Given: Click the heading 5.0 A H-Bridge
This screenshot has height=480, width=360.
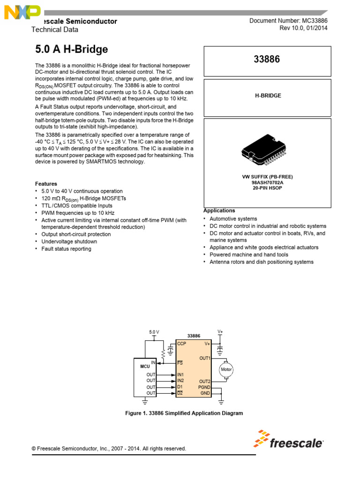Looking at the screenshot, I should (x=72, y=49).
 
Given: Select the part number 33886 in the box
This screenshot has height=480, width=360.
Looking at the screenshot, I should (x=267, y=60).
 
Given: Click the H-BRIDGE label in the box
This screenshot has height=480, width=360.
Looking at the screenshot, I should (x=268, y=96).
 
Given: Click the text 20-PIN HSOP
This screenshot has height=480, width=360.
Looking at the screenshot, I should (x=267, y=188).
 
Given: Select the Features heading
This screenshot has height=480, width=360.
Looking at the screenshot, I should (x=46, y=184).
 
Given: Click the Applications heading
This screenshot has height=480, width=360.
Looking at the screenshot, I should (x=219, y=211).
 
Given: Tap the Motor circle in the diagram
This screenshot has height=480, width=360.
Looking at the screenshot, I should (x=226, y=369).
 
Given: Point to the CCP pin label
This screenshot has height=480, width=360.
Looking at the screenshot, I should (x=182, y=344).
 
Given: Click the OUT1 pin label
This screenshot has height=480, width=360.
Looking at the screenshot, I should (x=205, y=358).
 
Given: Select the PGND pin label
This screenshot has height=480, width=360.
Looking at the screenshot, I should (x=204, y=387).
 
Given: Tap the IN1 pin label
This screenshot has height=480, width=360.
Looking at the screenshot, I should (x=180, y=375).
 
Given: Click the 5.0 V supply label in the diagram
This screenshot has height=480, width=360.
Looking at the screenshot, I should (x=154, y=332).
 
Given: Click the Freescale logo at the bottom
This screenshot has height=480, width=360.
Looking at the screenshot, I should (x=289, y=441).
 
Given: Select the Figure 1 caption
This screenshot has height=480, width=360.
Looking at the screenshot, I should (x=184, y=413).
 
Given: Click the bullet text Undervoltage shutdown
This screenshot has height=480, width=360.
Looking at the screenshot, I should (x=69, y=241).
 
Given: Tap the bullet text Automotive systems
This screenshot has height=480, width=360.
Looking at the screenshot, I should (x=233, y=218).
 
